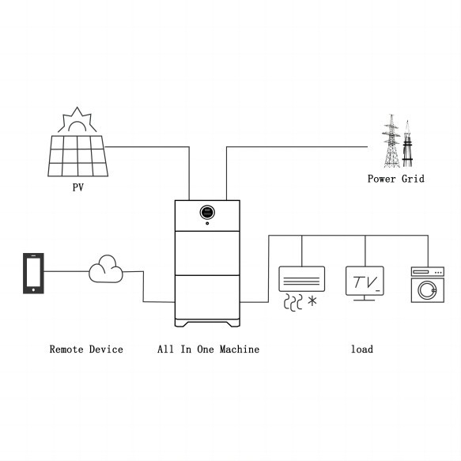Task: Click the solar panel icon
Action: pos(77,155)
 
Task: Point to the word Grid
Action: pos(411,179)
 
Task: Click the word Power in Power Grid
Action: pos(382,179)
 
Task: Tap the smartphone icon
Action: pos(33,273)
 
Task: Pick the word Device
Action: pos(105,349)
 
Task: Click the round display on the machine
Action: pos(207,212)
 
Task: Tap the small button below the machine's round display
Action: pos(207,225)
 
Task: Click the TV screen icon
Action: pos(365,282)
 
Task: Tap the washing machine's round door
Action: pos(427,290)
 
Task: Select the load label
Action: pos(362,349)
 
